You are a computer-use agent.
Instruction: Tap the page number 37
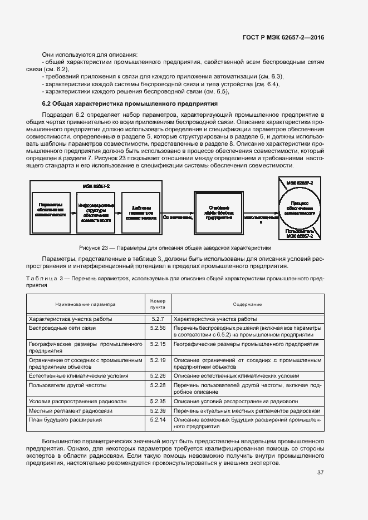point(321,473)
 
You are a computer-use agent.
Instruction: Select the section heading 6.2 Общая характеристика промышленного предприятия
point(130,104)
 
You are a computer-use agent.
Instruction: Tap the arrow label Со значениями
point(178,217)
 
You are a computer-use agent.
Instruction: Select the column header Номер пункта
point(158,304)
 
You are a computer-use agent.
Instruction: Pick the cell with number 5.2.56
point(158,328)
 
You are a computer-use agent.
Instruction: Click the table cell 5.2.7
point(158,319)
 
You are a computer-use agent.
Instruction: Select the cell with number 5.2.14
point(158,419)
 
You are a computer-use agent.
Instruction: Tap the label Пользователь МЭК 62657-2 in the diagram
point(300,234)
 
